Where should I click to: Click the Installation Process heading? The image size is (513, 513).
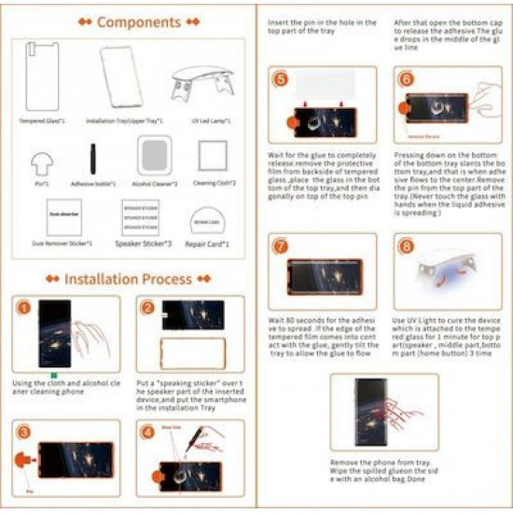pyautogui.click(x=128, y=278)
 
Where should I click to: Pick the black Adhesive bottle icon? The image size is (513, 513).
pyautogui.click(x=92, y=160)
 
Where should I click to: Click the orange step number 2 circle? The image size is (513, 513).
pyautogui.click(x=147, y=309)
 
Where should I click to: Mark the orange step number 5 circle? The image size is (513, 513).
pyautogui.click(x=282, y=80)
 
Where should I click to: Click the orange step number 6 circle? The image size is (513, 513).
pyautogui.click(x=405, y=80)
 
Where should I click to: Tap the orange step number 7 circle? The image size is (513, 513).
pyautogui.click(x=282, y=246)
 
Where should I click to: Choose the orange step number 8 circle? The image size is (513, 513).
pyautogui.click(x=405, y=246)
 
